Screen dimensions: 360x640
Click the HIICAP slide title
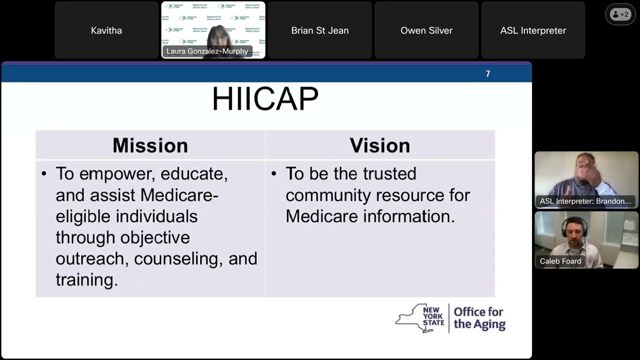point(265,99)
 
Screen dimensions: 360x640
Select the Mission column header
point(150,145)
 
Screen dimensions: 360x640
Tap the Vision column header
point(379,145)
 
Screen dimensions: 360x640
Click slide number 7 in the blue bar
point(488,74)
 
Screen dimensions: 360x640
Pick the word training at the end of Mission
point(85,279)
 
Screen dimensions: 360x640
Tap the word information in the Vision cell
point(408,216)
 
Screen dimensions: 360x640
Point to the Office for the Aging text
point(479,318)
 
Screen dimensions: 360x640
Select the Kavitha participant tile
point(106,30)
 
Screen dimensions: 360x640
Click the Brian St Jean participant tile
point(320,30)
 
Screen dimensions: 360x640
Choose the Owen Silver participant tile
point(426,30)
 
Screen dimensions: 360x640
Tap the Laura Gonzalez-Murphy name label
point(207,51)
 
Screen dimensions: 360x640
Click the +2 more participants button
point(620,14)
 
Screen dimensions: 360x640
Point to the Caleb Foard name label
point(560,261)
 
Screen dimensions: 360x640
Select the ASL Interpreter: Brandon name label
point(585,201)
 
